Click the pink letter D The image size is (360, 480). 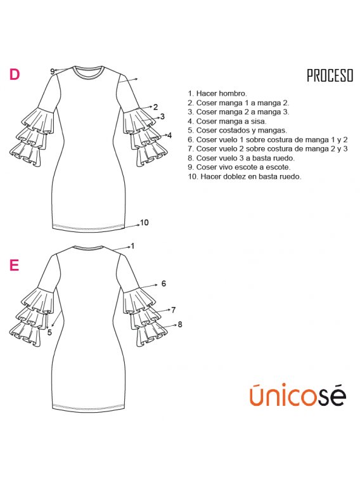click(x=15, y=74)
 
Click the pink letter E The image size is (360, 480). click(x=14, y=265)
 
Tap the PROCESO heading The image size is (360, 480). click(x=330, y=75)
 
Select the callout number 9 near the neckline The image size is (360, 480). click(x=53, y=71)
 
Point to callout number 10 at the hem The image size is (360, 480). click(x=144, y=223)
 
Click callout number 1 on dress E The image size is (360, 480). click(x=132, y=246)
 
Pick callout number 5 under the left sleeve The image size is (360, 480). click(x=49, y=332)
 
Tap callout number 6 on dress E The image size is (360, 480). click(x=164, y=284)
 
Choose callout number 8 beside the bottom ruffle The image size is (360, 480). click(x=180, y=324)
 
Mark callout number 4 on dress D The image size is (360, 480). click(x=170, y=135)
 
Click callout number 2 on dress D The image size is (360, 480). click(x=156, y=107)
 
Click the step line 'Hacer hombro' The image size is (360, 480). click(x=217, y=93)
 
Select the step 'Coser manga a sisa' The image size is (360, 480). click(x=227, y=121)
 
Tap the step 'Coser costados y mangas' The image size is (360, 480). click(x=237, y=131)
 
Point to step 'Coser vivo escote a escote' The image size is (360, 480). click(x=239, y=167)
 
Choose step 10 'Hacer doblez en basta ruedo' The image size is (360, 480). click(x=245, y=176)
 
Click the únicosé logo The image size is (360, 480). click(x=298, y=395)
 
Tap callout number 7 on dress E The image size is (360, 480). click(x=174, y=310)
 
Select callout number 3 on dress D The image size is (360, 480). click(x=162, y=117)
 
